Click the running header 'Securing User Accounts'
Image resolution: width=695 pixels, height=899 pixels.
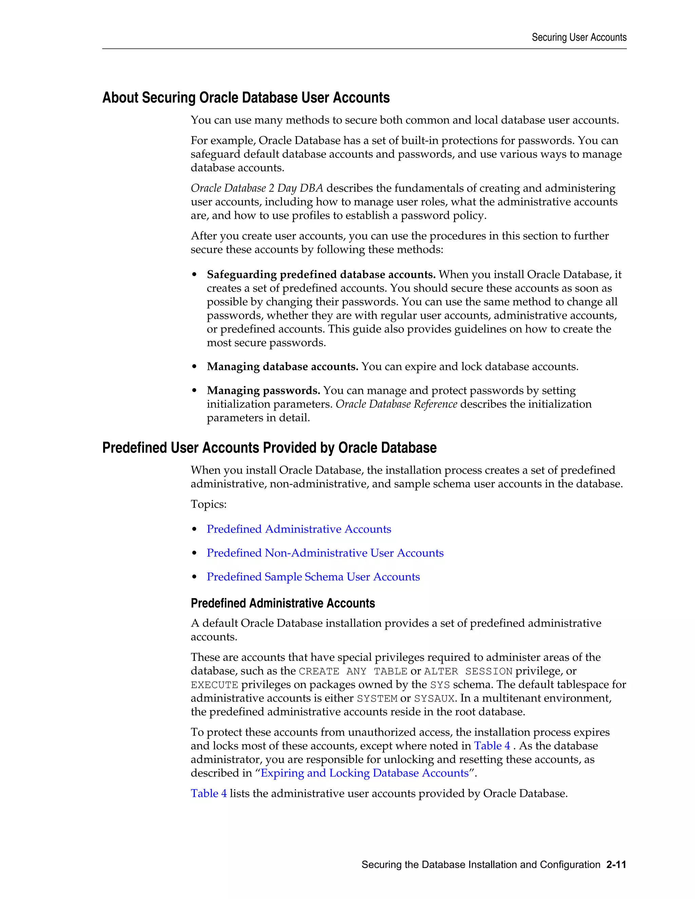click(x=579, y=37)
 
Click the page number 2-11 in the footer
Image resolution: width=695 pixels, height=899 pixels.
click(x=616, y=864)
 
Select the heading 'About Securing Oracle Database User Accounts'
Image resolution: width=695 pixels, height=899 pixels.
click(x=246, y=98)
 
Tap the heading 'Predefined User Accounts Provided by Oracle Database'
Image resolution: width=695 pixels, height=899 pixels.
click(x=269, y=448)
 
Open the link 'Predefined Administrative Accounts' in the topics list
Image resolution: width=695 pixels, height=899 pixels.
click(x=299, y=529)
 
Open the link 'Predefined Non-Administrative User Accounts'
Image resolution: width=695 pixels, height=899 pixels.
click(x=325, y=553)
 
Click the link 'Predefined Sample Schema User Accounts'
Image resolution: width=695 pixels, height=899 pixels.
click(x=313, y=577)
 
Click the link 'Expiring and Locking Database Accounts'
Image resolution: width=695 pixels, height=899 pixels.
click(x=364, y=773)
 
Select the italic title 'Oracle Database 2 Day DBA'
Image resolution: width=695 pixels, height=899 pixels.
click(x=257, y=188)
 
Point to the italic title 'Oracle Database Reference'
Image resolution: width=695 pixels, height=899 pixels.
click(x=396, y=404)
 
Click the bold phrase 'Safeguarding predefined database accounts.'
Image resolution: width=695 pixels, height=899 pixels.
click(x=321, y=274)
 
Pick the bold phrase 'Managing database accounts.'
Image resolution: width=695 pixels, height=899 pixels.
click(x=282, y=367)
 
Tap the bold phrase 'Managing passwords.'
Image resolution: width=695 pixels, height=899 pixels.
click(x=263, y=390)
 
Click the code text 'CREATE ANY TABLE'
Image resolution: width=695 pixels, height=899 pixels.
click(x=353, y=671)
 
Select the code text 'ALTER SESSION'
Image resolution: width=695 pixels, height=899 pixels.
click(x=468, y=671)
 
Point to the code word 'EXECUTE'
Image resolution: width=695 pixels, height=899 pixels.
click(x=214, y=685)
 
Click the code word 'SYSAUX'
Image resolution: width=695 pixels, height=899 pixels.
click(x=434, y=699)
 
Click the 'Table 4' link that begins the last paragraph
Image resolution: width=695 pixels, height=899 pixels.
click(x=208, y=793)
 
